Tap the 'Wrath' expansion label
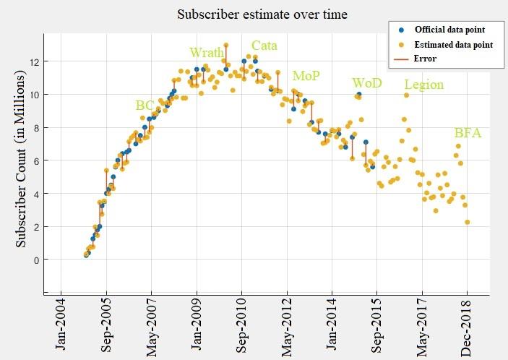tap(206, 52)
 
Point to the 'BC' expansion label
tap(145, 105)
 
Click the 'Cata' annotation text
tap(264, 46)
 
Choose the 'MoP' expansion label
tap(306, 75)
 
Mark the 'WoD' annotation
tap(366, 82)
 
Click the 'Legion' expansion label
tap(423, 85)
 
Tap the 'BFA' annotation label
tap(468, 133)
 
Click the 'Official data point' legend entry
tap(448, 30)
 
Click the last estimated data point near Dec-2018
tap(468, 222)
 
